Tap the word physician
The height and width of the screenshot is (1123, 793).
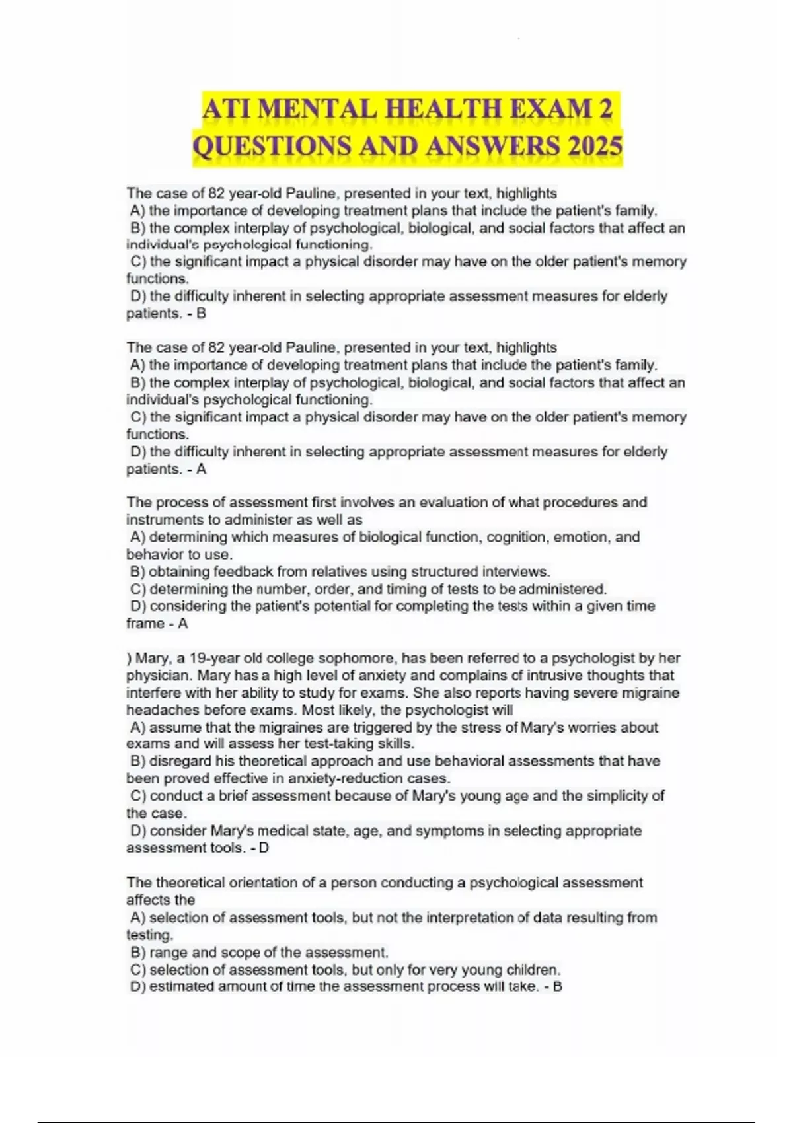(158, 676)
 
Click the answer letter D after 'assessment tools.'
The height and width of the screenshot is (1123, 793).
(264, 848)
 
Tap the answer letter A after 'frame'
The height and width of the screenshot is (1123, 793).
(183, 624)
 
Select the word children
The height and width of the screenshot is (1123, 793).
(533, 970)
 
